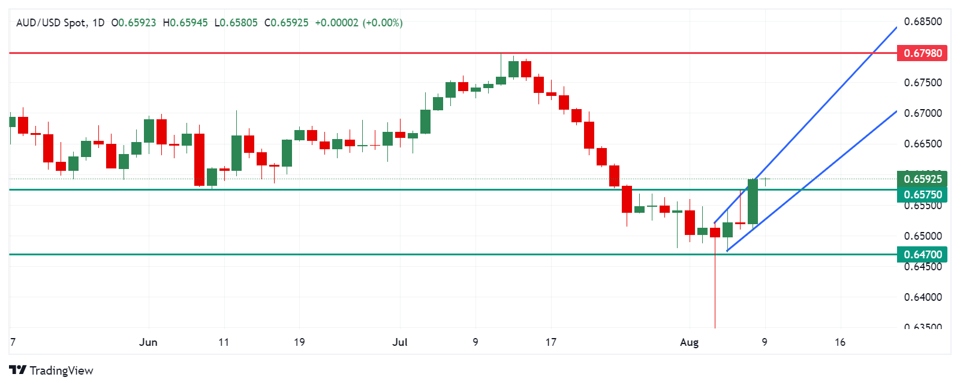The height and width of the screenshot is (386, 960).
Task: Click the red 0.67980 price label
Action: [923, 53]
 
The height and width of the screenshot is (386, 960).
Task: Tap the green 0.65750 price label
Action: [923, 194]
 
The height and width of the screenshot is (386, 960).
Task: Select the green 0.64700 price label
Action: [923, 254]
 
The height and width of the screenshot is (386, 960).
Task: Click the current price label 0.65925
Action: [923, 179]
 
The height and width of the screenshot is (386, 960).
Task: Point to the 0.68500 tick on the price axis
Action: [923, 22]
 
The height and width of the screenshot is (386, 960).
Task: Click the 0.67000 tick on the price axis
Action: [923, 113]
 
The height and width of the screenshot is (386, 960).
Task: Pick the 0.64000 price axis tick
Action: [923, 297]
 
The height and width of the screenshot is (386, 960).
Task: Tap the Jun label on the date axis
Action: [148, 342]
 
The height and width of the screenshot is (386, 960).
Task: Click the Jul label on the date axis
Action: [400, 342]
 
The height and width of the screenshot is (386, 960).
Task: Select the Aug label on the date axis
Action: [689, 342]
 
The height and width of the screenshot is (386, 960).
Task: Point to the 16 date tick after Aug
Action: [840, 342]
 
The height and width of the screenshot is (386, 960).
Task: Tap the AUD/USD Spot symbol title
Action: [51, 23]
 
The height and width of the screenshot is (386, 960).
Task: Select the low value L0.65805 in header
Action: [236, 23]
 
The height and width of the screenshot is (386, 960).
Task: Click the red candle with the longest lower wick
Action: [715, 233]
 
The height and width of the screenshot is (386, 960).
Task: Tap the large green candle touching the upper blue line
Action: [753, 201]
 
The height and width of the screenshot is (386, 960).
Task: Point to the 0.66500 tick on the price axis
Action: [923, 144]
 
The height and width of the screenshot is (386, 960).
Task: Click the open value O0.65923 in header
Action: [134, 23]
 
